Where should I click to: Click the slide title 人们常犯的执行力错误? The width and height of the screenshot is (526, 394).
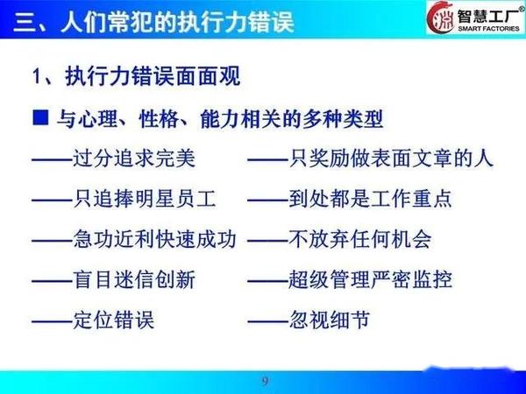pos(177,22)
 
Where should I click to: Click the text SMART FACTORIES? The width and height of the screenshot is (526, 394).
pos(488,29)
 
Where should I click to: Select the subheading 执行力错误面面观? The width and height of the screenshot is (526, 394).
pos(153,76)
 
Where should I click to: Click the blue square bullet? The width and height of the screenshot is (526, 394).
pos(40,117)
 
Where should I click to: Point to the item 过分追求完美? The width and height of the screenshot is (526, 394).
pos(134,158)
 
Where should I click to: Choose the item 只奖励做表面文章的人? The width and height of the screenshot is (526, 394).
pos(391,158)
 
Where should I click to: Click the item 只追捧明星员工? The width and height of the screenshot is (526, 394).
pos(145,199)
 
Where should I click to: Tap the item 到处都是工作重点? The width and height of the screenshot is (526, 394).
pos(370,199)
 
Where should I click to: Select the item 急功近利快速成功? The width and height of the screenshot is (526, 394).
pos(154,239)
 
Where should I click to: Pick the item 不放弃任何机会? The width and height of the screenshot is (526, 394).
pos(360,239)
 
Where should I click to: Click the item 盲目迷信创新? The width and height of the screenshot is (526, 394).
pos(134,280)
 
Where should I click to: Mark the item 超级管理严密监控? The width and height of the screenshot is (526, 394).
pos(370,280)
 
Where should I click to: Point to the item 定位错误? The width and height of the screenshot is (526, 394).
pos(114,320)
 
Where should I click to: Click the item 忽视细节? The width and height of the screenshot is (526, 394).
pos(330,320)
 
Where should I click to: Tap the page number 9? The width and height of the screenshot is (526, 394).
pos(265,381)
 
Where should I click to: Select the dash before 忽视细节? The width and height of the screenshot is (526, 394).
pos(268,321)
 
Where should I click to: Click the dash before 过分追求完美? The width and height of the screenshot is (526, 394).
pos(53,160)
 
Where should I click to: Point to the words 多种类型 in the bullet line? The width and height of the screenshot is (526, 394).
pos(343,119)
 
